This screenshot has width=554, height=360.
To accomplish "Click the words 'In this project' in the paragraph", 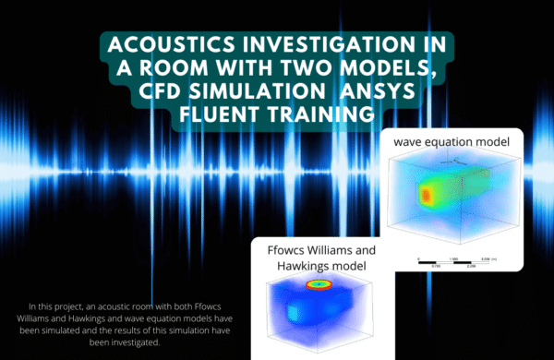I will [x=54, y=306].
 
